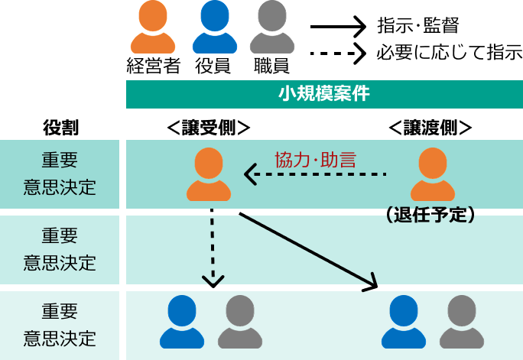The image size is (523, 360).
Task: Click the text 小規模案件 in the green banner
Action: click(x=323, y=94)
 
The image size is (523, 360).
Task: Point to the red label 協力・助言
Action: click(x=315, y=160)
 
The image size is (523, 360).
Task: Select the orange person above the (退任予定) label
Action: click(x=433, y=175)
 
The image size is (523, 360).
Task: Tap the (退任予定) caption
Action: click(x=432, y=216)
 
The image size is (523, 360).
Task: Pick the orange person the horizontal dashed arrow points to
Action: click(x=209, y=175)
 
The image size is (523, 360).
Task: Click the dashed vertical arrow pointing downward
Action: click(x=212, y=248)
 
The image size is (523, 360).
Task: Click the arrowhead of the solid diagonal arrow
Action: click(x=372, y=285)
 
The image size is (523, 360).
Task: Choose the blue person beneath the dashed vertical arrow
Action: click(x=182, y=322)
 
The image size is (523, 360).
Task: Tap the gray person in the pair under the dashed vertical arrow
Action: click(x=239, y=322)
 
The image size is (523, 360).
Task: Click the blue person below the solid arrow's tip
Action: click(x=404, y=322)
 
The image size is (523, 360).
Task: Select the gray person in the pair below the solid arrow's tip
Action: click(x=462, y=322)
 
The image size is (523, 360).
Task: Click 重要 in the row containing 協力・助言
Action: click(x=60, y=161)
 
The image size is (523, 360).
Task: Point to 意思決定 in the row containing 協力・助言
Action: click(x=60, y=187)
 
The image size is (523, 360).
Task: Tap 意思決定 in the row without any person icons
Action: click(x=60, y=262)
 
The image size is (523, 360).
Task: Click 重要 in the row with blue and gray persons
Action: click(x=60, y=311)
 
